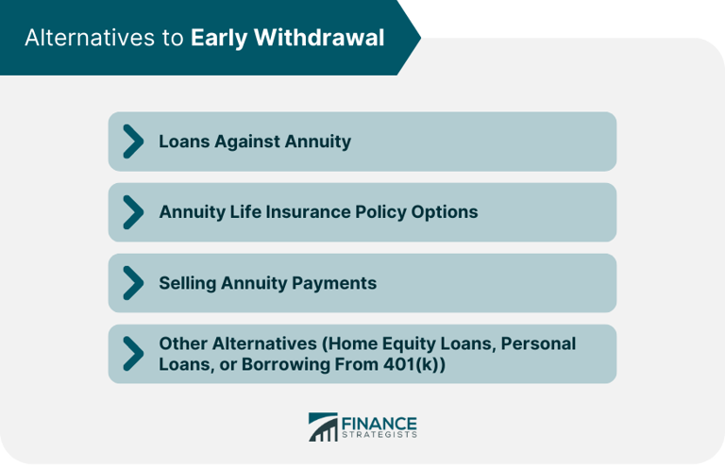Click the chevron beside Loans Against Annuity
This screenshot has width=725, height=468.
pyautogui.click(x=133, y=142)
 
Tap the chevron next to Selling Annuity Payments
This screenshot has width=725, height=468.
pyautogui.click(x=133, y=283)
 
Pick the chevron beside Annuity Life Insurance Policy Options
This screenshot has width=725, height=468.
pyautogui.click(x=133, y=212)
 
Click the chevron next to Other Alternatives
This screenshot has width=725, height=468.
pyautogui.click(x=133, y=354)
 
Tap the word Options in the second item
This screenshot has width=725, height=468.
pyautogui.click(x=445, y=212)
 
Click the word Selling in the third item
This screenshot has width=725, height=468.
pyautogui.click(x=187, y=283)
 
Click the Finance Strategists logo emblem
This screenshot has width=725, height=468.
pyautogui.click(x=322, y=427)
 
